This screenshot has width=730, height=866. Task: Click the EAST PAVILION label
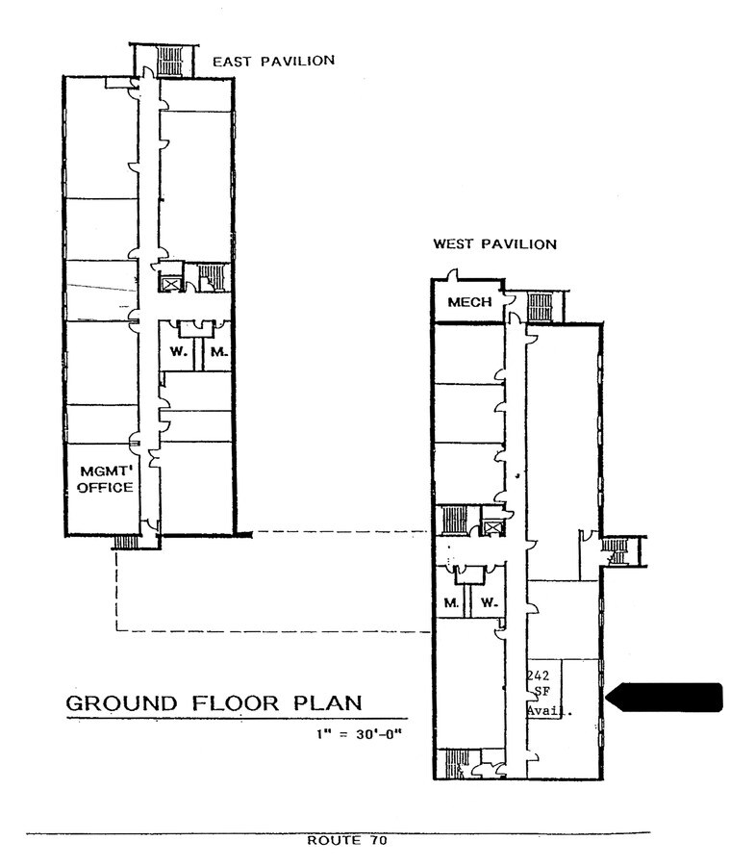tap(273, 61)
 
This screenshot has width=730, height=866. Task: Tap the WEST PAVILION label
tap(493, 244)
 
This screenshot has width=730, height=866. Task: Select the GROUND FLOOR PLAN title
tap(214, 702)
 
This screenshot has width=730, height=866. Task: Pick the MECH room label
tap(468, 302)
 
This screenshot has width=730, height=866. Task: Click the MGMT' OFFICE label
tap(105, 478)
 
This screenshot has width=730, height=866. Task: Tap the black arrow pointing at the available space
tap(667, 697)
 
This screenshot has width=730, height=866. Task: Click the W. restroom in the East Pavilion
tap(178, 352)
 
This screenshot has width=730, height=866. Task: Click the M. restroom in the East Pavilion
tap(218, 352)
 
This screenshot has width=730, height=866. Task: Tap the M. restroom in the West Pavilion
tap(449, 603)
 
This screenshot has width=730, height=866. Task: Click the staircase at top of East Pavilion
tap(169, 64)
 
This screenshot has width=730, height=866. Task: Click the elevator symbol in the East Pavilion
tap(171, 283)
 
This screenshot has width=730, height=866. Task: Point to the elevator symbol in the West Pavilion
tap(492, 527)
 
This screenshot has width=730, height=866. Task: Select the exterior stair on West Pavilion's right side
tap(615, 550)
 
